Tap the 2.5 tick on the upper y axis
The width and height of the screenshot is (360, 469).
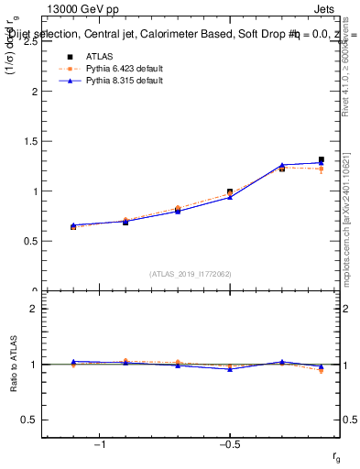33,42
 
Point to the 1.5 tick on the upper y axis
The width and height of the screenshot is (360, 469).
33,142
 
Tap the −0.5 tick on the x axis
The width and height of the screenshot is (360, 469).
229,445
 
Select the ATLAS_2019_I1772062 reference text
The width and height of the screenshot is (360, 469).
191,273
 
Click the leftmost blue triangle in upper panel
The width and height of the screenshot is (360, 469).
73,225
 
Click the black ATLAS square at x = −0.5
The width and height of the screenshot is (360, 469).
230,191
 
